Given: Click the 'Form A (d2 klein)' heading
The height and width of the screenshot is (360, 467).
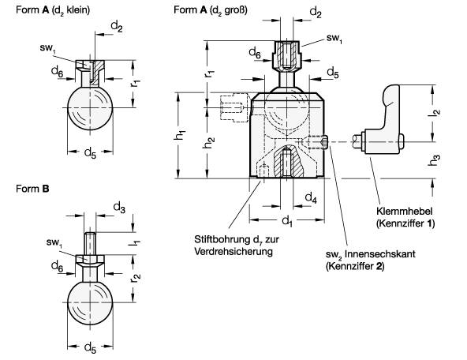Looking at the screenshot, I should [52, 9].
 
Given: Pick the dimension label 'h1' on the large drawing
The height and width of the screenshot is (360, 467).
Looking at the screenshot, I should [179, 135].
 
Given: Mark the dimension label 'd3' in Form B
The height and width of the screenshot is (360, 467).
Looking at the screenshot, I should [118, 206].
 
